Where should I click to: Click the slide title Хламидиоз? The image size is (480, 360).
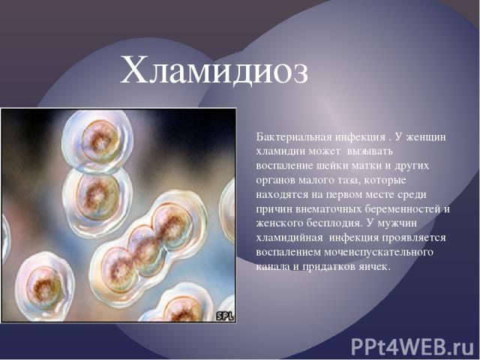[x=214, y=70]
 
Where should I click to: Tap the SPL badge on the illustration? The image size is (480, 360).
[x=225, y=316]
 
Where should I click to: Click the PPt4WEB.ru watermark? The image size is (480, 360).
[x=412, y=346]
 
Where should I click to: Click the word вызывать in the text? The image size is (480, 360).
[x=370, y=151]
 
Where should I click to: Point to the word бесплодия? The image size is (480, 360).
[x=334, y=223]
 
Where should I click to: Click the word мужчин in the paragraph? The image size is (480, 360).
[x=397, y=223]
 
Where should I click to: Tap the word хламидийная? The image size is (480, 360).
[x=289, y=238]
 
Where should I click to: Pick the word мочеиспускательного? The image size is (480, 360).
[x=378, y=252]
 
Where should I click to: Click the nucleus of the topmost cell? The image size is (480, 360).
[x=101, y=141]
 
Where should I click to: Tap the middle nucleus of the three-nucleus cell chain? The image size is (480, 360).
[x=145, y=250]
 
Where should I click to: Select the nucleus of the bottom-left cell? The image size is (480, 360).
[x=44, y=287]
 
